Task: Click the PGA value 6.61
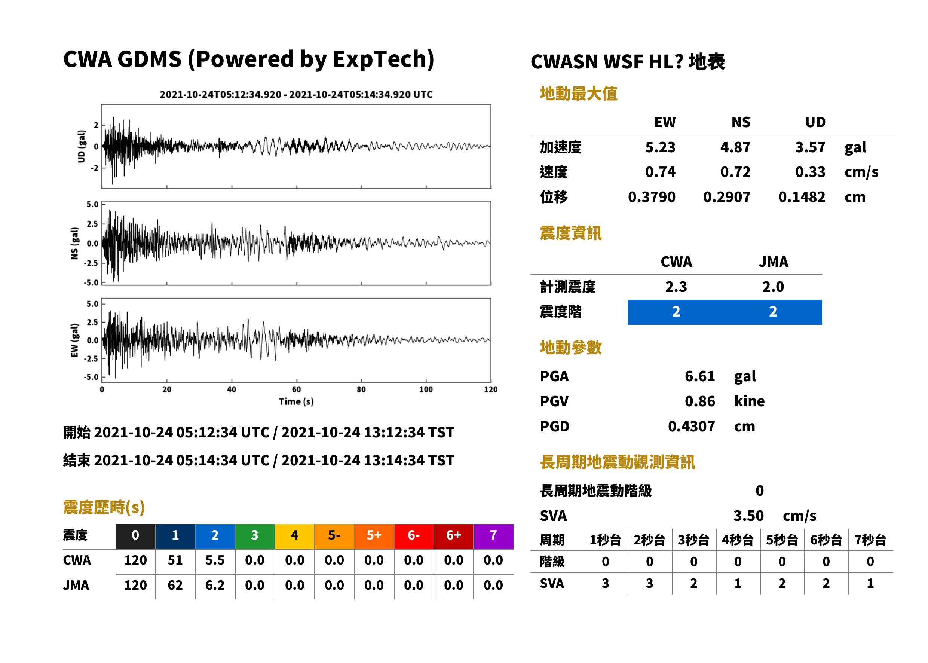pos(699,376)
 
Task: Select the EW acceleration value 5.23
pos(660,147)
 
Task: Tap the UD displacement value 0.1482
pos(802,197)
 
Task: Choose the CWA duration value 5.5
pos(215,560)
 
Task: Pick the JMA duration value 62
pos(175,585)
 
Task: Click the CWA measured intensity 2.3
pos(676,287)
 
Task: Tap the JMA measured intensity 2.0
pos(773,287)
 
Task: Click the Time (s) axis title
pos(296,401)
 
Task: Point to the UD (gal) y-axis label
pos(82,146)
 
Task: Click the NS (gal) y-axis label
pos(74,243)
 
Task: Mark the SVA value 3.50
pos(748,516)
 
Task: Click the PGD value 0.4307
pos(691,426)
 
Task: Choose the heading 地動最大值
pos(578,94)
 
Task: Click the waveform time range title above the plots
pos(296,94)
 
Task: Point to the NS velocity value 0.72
pos(735,172)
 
